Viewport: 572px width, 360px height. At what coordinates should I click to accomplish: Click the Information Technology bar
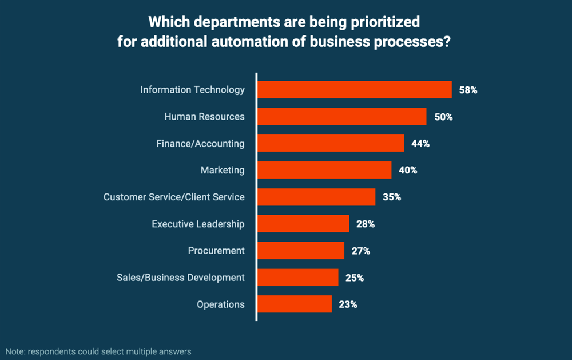[x=355, y=90]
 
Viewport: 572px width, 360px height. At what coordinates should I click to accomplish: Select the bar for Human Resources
[x=341, y=117]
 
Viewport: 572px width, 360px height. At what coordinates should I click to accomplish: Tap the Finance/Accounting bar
[x=331, y=144]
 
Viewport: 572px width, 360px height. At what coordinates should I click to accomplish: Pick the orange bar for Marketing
[x=324, y=170]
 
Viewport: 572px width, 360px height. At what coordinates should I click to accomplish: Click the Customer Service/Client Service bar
[x=316, y=197]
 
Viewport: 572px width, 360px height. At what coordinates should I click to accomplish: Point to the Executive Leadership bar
[x=303, y=224]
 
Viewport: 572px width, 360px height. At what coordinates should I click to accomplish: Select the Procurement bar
[x=301, y=251]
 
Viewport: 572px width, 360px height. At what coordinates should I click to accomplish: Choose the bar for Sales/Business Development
[x=297, y=278]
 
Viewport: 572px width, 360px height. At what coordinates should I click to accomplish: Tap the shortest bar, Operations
[x=295, y=304]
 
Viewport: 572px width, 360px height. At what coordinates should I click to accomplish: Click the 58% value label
[x=468, y=90]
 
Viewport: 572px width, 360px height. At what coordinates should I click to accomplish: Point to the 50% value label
[x=443, y=117]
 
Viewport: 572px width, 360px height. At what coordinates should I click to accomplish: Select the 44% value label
[x=420, y=144]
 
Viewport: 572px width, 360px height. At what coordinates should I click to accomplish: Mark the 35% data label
[x=392, y=197]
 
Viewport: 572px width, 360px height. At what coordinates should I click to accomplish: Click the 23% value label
[x=348, y=304]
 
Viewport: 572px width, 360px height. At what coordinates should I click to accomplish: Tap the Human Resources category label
[x=204, y=117]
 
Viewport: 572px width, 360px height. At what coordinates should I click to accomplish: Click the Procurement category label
[x=216, y=251]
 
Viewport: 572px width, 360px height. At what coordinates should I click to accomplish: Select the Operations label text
[x=221, y=304]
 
